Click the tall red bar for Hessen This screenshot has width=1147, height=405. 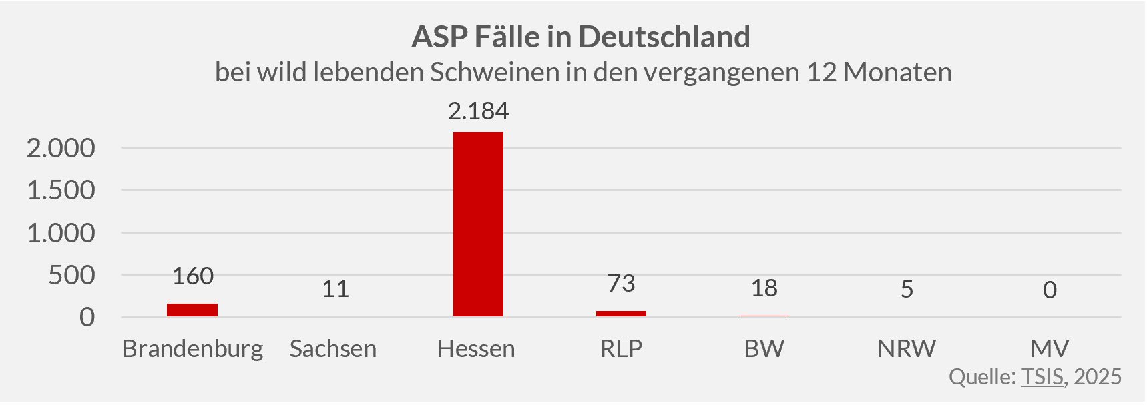478,224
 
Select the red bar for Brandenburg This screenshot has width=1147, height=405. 192,310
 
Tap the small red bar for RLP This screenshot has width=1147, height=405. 621,313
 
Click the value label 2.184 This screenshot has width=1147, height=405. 478,111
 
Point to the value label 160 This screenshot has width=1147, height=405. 193,276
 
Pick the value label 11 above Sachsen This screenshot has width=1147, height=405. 335,289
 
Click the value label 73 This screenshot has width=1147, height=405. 621,284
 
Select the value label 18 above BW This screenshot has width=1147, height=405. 764,288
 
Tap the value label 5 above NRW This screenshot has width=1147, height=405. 907,289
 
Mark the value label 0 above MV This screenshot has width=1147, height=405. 1050,290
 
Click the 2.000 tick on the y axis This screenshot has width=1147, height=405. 61,148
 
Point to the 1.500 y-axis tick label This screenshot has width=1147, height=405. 61,191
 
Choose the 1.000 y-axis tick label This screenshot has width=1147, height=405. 61,233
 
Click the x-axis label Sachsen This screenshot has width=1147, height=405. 333,348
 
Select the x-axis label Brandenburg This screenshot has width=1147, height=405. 193,349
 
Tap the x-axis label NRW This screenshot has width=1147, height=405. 907,348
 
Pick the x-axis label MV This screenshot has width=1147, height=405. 1050,348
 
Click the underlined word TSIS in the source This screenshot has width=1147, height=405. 1042,377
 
